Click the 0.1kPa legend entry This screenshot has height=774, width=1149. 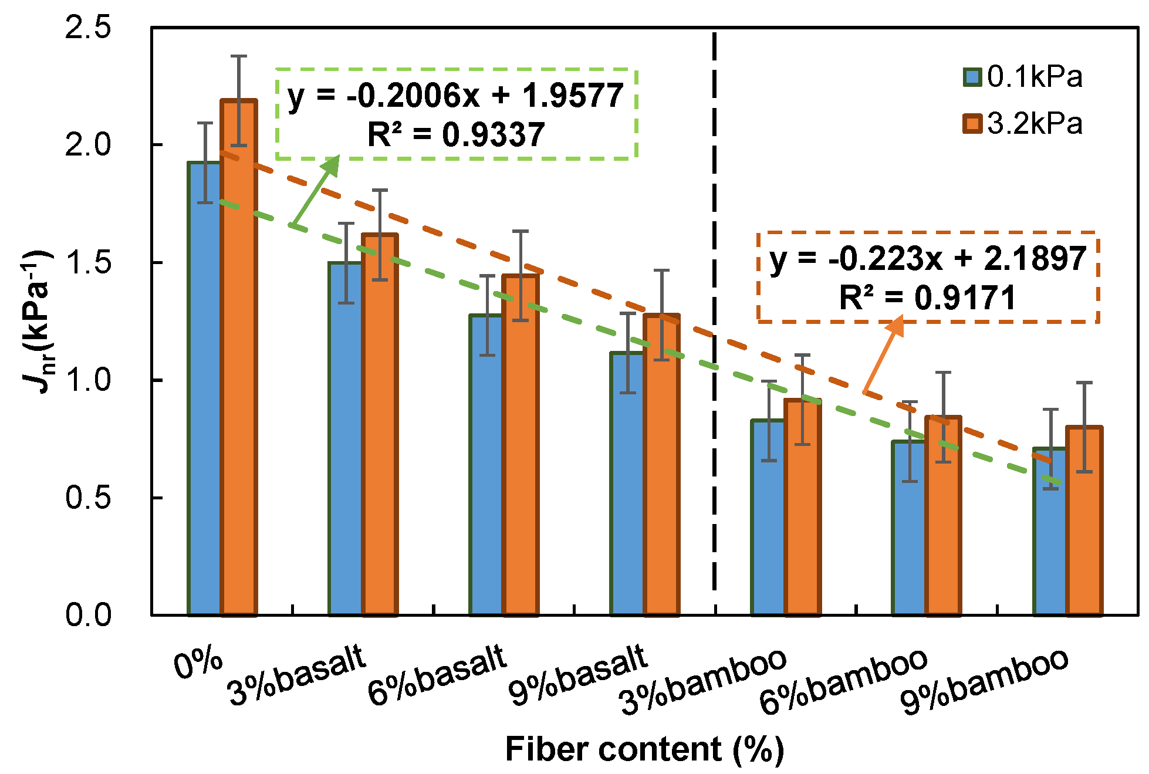(1024, 77)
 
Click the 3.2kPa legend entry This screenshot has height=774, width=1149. (1024, 124)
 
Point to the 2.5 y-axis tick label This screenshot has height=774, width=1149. (87, 28)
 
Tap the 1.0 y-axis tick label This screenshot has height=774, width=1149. (87, 380)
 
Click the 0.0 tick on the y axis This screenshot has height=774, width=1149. (87, 615)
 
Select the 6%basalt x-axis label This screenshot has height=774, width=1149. (437, 675)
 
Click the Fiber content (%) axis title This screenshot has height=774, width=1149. (644, 749)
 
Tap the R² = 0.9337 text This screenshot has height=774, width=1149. (456, 134)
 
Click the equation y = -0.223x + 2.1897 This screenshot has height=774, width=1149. (928, 259)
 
